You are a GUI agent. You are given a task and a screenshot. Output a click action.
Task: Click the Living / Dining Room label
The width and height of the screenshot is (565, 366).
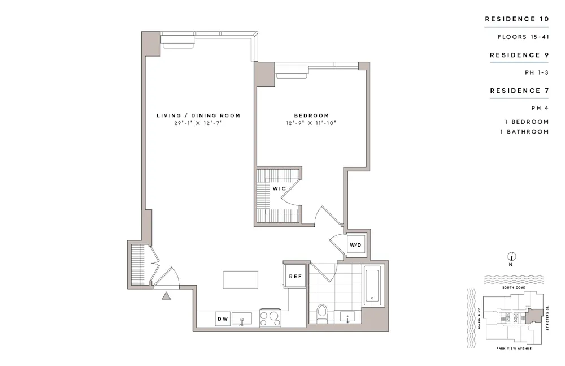coord(198,115)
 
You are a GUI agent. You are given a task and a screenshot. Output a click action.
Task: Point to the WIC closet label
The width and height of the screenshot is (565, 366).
coord(279,188)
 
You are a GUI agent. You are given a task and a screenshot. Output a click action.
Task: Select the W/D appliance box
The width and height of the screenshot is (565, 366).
coord(355,245)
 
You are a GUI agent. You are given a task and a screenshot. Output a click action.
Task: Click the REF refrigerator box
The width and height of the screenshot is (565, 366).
coord(295,276)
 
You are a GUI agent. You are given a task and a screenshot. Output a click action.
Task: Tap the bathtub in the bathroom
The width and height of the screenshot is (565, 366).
coord(373,286)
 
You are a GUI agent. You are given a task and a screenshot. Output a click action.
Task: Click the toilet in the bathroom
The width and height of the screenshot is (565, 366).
coord(323,313)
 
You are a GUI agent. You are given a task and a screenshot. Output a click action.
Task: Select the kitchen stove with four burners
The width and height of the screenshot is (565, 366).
coord(270,318)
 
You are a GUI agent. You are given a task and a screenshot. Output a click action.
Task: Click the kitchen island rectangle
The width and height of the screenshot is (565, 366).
coord(241,279)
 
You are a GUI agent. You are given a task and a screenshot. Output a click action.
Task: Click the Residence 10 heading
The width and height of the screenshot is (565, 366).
coord(517,19)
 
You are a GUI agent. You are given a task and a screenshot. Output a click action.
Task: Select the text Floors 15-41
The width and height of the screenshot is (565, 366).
coord(523,37)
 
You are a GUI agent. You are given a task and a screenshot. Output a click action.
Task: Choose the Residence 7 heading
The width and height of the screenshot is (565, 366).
coord(519,91)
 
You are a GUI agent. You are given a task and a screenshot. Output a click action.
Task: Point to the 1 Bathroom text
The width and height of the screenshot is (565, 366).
coord(524,132)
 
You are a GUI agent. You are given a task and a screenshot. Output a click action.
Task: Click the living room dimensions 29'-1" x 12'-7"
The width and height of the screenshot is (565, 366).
coord(198,123)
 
